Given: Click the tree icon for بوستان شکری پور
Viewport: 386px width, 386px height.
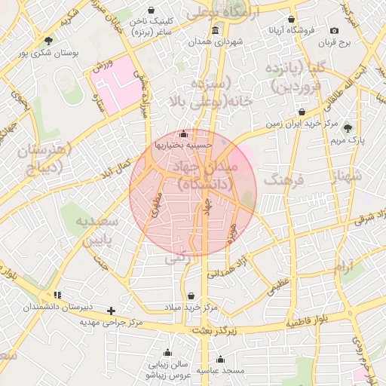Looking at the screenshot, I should pyautogui.click(x=49, y=41).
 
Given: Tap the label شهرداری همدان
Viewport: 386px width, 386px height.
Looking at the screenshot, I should pyautogui.click(x=216, y=43).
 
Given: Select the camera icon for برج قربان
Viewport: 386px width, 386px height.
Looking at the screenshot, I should pyautogui.click(x=334, y=31).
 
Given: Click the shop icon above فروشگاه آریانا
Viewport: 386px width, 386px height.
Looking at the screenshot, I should pyautogui.click(x=292, y=20).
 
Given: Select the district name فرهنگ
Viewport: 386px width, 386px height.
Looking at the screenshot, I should pyautogui.click(x=283, y=181).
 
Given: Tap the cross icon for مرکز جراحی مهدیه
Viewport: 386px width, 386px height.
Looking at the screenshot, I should pyautogui.click(x=112, y=311).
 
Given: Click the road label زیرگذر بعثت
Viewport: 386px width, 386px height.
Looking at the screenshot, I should pyautogui.click(x=213, y=330).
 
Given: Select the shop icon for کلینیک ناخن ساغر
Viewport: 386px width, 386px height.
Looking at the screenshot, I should pyautogui.click(x=154, y=11).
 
